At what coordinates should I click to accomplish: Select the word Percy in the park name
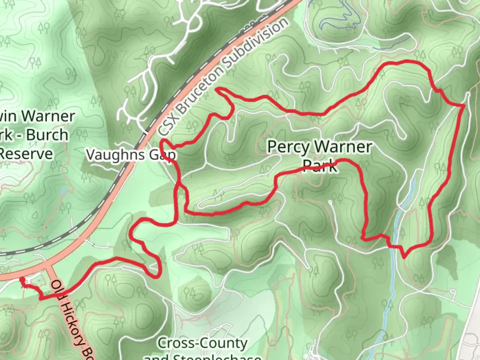[288, 147]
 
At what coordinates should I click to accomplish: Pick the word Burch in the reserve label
[47, 135]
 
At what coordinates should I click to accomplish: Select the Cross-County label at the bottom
[202, 343]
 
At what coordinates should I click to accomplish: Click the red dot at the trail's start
[22, 280]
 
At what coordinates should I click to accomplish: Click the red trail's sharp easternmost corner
[464, 106]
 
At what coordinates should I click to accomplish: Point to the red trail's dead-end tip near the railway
[217, 89]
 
